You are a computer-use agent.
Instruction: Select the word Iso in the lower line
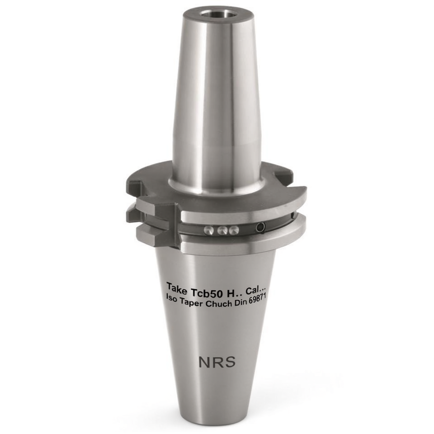coord(171,298)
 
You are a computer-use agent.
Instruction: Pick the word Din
coord(241,302)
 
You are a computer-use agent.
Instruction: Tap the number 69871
coord(257,298)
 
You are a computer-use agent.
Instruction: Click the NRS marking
coord(217,362)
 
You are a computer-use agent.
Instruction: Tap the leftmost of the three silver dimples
coord(209,230)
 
